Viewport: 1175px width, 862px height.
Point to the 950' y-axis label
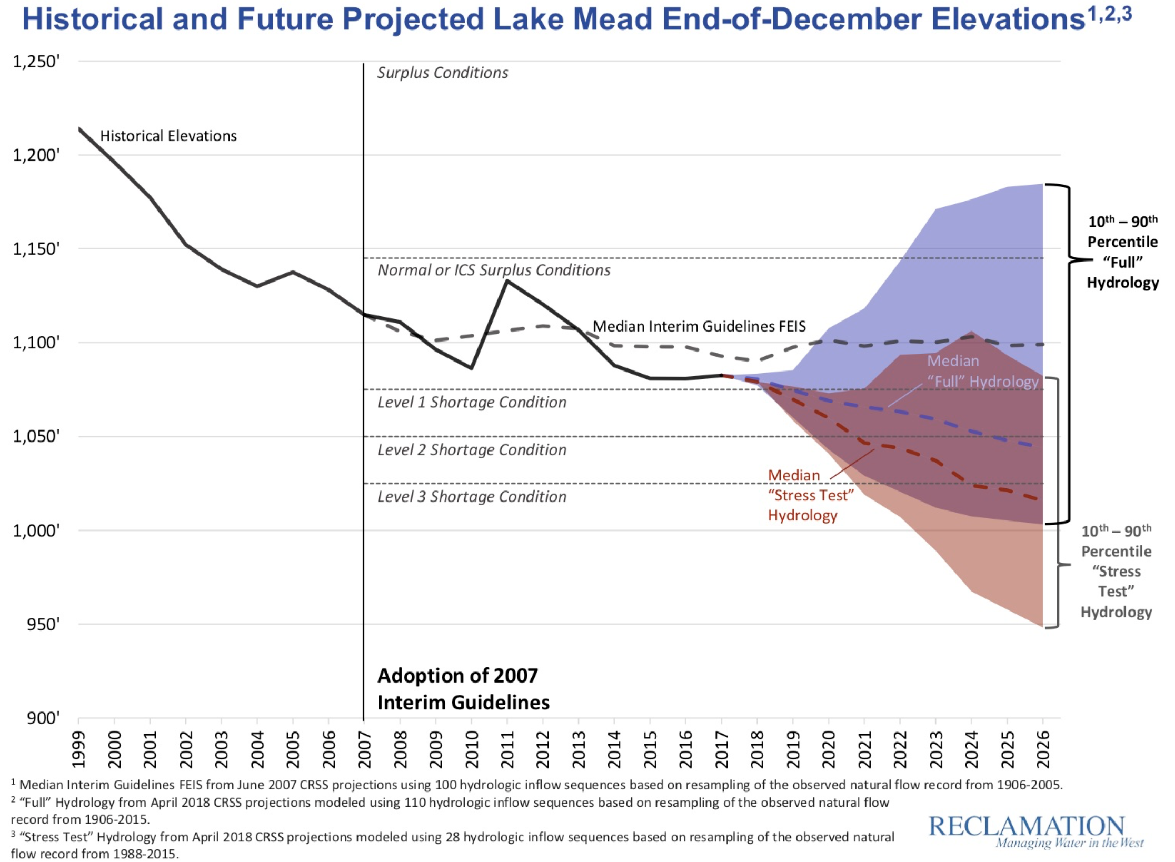point(43,625)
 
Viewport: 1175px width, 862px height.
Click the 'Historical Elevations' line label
point(168,136)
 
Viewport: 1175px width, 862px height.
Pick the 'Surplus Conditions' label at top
point(442,73)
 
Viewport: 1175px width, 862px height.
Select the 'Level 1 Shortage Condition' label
point(472,403)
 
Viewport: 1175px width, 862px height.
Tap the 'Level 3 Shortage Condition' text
point(472,497)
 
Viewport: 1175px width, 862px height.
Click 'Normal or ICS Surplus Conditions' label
point(494,270)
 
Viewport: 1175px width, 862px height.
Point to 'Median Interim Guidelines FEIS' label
point(699,326)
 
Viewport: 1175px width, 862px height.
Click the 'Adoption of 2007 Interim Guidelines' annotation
point(463,689)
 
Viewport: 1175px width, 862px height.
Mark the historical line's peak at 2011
point(507,281)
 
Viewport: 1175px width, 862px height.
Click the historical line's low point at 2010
point(472,368)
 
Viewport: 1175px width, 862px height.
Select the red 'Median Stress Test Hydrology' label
point(810,495)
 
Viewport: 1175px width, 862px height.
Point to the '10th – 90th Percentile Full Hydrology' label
point(1122,252)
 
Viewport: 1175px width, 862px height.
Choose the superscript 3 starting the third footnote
point(13,834)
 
